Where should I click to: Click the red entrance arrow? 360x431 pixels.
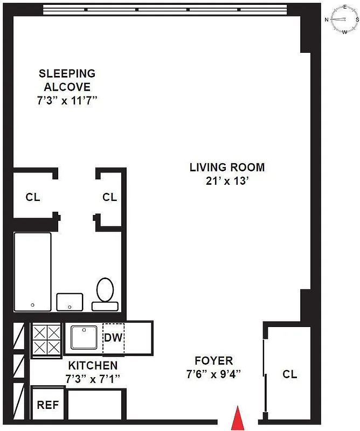point(237,419)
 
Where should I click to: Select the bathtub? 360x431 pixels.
point(32,272)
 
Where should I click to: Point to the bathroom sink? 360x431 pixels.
point(70,302)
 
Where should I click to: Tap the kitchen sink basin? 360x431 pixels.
point(84,338)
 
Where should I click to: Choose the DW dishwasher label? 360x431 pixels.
point(113,338)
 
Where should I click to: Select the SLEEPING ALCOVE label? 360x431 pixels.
point(67,80)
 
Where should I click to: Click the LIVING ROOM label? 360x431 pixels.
point(227,168)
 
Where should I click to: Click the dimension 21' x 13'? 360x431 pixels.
point(227,181)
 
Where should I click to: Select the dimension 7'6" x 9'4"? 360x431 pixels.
point(214,373)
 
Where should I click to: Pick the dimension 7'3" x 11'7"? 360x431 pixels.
point(67,100)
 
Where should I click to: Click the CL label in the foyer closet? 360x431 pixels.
point(289,374)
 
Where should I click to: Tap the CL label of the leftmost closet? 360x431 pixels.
point(33,197)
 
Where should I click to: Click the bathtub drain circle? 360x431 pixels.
point(33,305)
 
